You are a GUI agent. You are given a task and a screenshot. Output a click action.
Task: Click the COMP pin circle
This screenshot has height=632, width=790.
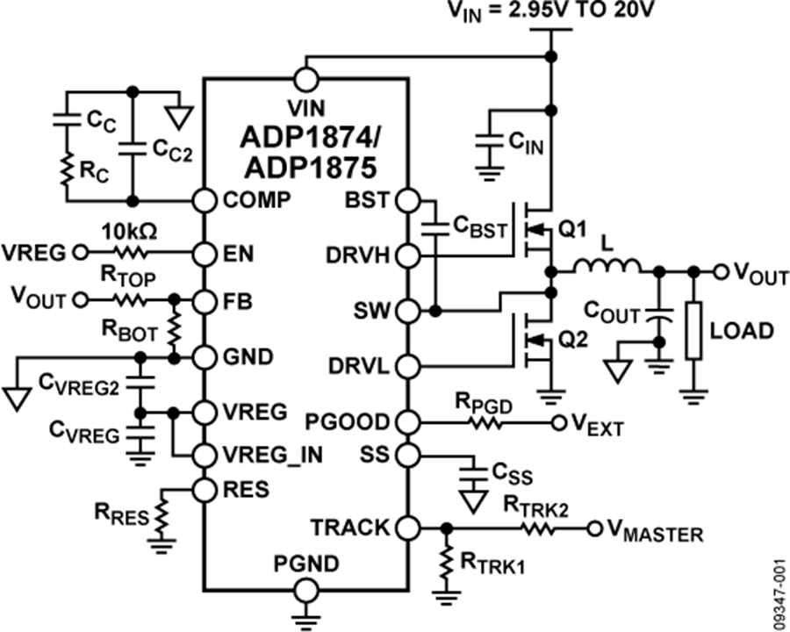(205, 200)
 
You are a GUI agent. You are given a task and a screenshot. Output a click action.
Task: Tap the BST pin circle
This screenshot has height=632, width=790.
(408, 200)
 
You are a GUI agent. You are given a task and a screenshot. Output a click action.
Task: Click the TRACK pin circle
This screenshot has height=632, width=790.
(408, 528)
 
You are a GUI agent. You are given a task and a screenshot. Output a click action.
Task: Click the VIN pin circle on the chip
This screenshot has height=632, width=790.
(306, 79)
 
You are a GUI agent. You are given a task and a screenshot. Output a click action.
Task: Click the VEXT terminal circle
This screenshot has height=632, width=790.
(557, 423)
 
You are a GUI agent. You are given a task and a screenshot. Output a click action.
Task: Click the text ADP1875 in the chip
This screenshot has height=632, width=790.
(306, 167)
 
